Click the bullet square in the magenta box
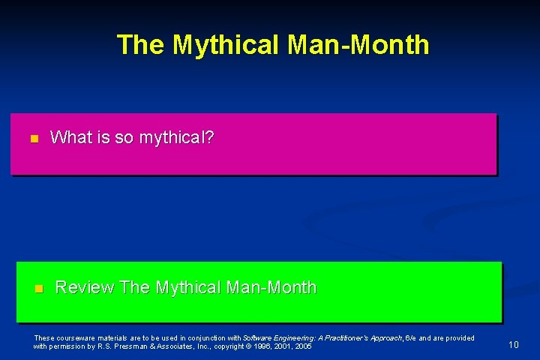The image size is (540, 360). (33, 139)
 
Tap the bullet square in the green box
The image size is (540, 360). (39, 289)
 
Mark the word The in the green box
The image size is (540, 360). (135, 287)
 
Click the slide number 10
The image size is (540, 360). (514, 345)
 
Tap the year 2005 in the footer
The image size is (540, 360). (303, 346)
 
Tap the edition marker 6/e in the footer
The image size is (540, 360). (411, 338)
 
